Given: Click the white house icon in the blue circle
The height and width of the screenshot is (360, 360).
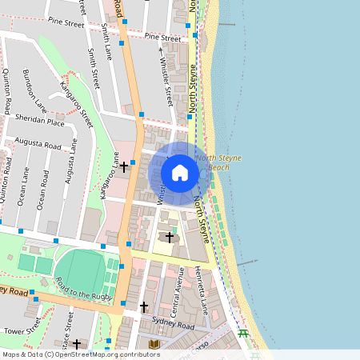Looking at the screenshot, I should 180,173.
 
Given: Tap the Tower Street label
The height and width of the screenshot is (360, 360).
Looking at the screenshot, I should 22,327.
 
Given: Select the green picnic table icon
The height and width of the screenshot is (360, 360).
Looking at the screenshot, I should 243,334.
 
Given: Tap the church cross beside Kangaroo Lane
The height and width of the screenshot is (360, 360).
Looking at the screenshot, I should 124,167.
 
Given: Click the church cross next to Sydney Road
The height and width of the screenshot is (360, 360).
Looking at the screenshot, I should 144,306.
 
